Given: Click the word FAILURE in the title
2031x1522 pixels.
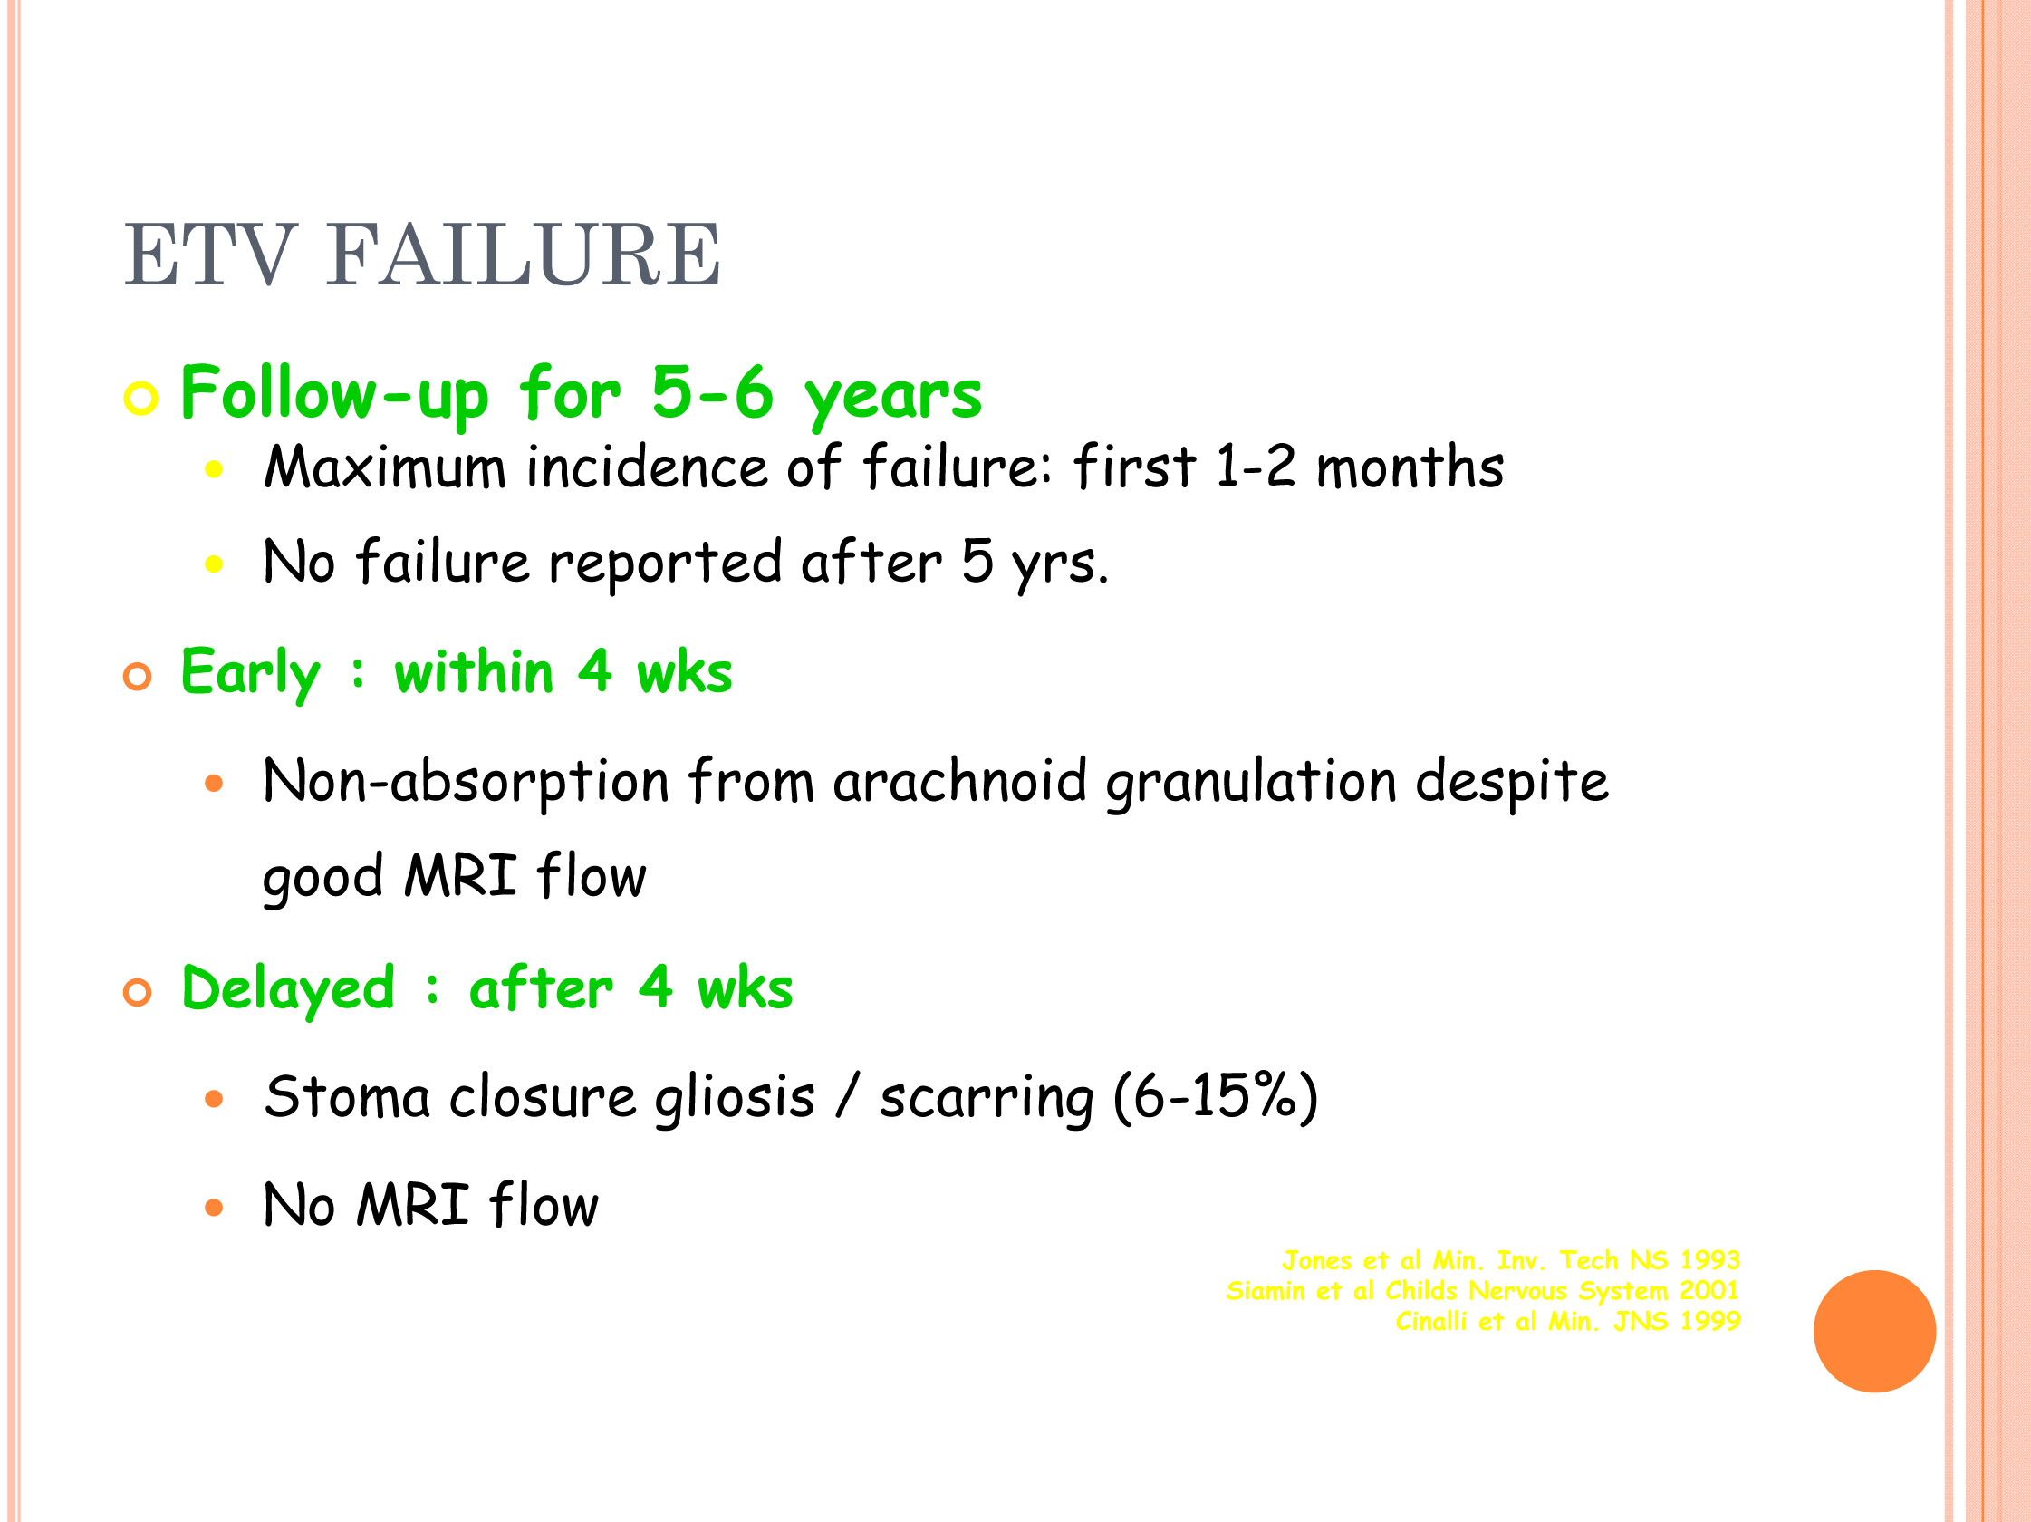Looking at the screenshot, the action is [524, 255].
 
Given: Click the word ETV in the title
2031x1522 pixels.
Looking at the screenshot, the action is [210, 255].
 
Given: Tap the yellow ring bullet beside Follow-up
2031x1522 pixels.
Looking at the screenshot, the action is [140, 399].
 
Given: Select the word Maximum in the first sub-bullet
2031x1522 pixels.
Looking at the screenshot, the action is [385, 467].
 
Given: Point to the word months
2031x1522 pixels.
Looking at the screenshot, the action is [1410, 467].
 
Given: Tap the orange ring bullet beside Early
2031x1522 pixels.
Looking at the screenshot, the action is [137, 678].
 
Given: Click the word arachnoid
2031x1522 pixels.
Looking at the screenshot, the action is [959, 782].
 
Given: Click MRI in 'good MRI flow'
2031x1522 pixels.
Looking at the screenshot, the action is [460, 876].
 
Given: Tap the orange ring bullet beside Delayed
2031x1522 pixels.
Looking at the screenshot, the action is [137, 993].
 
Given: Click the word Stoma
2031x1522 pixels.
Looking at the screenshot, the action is [347, 1097].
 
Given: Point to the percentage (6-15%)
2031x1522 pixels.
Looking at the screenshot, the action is [1216, 1098].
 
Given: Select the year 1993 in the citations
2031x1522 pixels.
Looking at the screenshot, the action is [1709, 1260].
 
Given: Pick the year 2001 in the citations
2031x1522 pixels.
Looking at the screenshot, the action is [1709, 1291].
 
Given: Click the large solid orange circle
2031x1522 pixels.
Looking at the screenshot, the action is [1875, 1331].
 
